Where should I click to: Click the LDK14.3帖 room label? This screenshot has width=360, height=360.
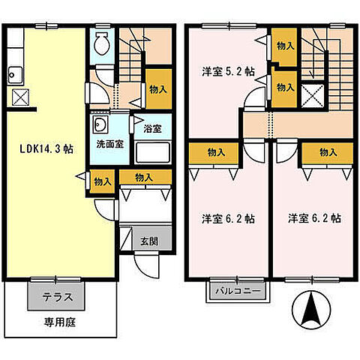46,148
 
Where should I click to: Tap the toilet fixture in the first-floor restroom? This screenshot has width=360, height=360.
103,44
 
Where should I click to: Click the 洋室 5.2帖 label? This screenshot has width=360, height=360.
227,72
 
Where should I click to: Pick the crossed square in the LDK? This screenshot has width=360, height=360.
20,96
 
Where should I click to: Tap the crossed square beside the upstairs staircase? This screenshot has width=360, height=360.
309,95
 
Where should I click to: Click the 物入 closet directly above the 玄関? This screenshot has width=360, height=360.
145,177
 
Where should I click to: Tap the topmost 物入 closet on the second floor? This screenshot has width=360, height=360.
284,46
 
